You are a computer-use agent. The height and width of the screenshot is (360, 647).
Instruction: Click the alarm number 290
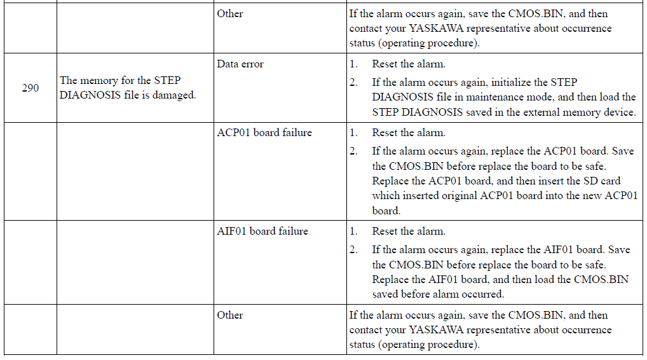coord(30,88)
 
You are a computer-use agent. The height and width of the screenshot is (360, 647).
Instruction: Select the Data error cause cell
coord(240,64)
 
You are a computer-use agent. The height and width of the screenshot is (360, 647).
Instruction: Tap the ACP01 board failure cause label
coord(264,132)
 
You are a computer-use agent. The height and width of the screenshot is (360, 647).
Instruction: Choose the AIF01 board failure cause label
coord(262,231)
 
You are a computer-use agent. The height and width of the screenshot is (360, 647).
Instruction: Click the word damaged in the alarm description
coord(174,95)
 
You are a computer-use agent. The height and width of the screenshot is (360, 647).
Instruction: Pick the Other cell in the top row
coord(230,13)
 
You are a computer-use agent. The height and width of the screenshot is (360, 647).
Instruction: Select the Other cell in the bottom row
coord(230,315)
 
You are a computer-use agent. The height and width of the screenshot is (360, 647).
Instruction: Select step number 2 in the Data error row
coord(353,82)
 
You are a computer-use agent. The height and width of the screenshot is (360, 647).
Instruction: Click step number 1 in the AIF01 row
coord(353,231)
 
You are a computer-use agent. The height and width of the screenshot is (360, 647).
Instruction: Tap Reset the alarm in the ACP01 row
coord(409,132)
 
